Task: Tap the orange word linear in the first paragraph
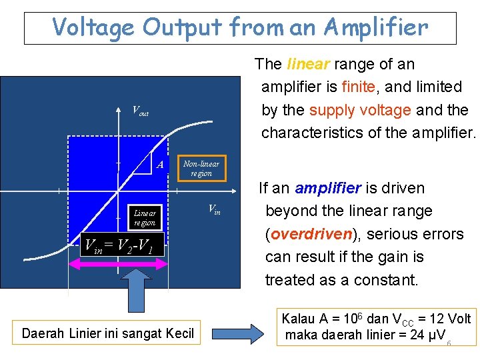click(x=308, y=64)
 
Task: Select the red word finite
click(x=360, y=87)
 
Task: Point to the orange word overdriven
click(x=307, y=234)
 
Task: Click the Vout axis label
click(x=140, y=111)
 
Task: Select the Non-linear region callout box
click(x=201, y=169)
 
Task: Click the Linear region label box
click(x=145, y=218)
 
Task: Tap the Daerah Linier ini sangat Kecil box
click(x=108, y=333)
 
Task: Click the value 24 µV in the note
click(x=424, y=335)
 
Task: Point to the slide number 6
click(x=449, y=343)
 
